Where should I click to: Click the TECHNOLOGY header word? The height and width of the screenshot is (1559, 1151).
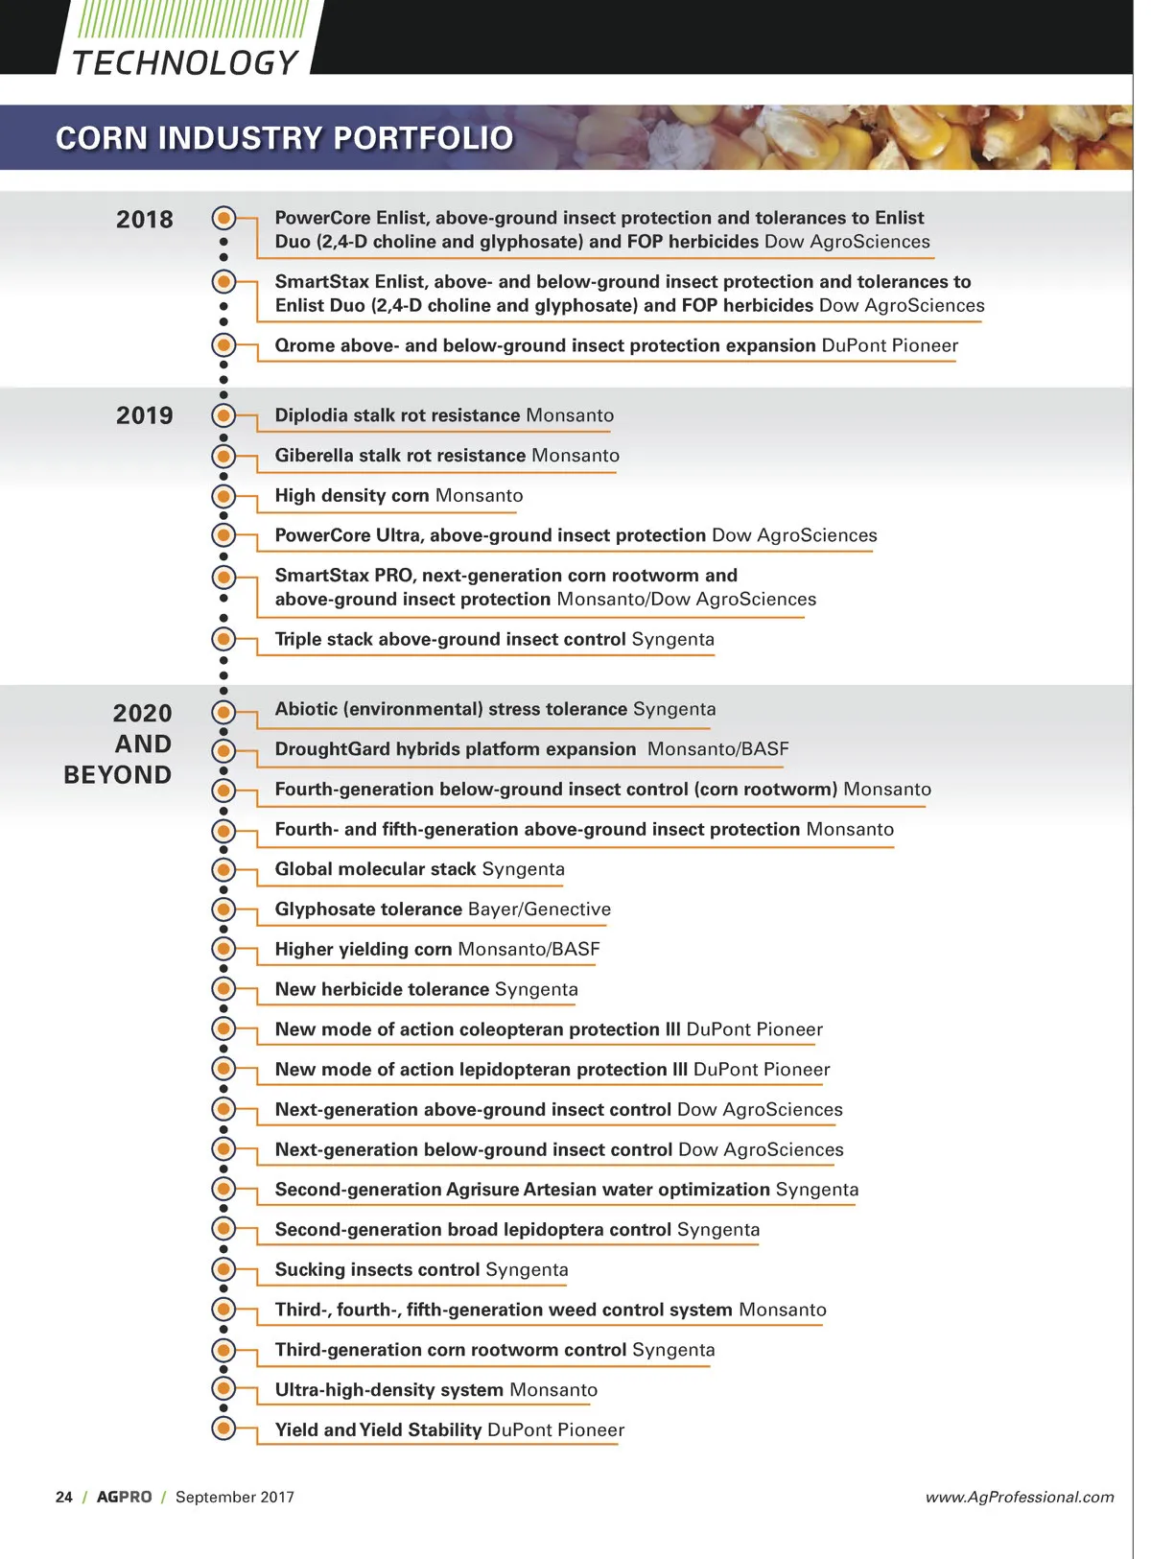(x=185, y=62)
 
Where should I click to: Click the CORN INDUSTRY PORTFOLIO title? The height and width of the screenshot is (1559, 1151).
(x=284, y=138)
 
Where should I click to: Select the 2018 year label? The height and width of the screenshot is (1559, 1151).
(x=145, y=220)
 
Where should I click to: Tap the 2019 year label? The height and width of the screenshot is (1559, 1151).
(x=145, y=415)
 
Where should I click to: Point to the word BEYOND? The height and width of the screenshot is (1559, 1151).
(x=118, y=775)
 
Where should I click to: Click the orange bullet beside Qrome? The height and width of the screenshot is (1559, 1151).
(x=223, y=345)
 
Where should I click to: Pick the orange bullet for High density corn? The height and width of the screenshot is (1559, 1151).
(x=223, y=496)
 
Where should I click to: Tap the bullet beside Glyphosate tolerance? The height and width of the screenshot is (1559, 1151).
(x=223, y=909)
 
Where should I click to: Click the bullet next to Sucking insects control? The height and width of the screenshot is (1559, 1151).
(x=223, y=1269)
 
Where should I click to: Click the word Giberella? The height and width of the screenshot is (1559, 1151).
(x=314, y=456)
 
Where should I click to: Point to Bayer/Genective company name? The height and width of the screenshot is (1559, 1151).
(x=539, y=909)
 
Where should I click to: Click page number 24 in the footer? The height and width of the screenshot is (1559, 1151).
(x=64, y=1497)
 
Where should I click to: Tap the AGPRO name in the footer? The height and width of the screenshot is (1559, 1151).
(x=124, y=1497)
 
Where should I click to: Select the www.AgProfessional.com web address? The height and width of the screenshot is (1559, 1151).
(x=1020, y=1497)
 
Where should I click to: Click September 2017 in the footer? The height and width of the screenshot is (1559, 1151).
(x=235, y=1497)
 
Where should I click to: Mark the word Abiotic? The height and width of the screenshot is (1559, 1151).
(x=305, y=709)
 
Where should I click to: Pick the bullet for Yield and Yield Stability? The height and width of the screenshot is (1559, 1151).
(x=223, y=1429)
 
